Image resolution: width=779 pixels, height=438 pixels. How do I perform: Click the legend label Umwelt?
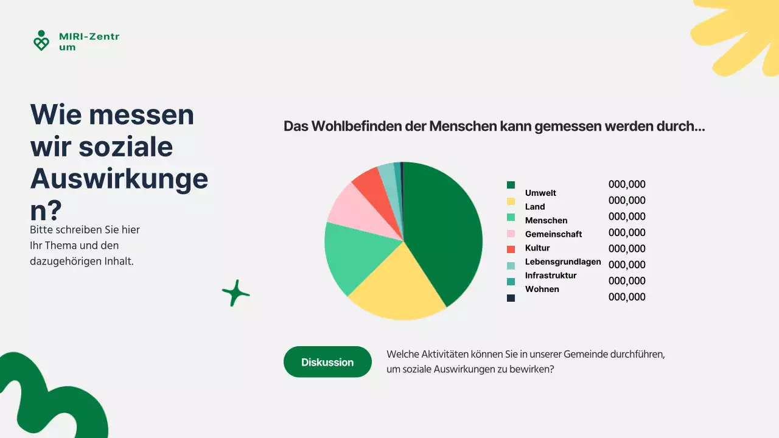(540, 193)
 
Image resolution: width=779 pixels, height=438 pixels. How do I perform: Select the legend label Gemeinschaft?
(553, 234)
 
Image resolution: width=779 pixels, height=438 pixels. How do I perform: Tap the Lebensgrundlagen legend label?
(563, 262)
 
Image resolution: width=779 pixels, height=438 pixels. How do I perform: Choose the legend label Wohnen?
(542, 289)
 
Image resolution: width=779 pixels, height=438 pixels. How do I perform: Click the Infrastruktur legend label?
(551, 276)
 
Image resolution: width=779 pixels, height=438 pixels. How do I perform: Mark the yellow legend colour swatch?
(511, 201)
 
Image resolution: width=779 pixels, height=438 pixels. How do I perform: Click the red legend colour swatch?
(511, 249)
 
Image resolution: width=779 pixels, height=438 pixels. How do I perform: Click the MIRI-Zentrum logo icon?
(41, 41)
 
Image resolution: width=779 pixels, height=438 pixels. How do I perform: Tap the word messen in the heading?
(152, 114)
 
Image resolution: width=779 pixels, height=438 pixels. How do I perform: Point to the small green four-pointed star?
(236, 293)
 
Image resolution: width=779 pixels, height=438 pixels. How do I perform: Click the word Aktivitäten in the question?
(449, 354)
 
